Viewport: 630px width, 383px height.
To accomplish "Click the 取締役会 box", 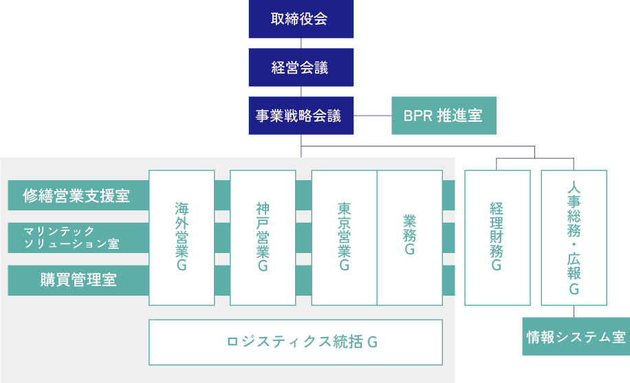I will pos(301,19).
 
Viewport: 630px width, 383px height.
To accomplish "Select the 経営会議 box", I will pos(301,67).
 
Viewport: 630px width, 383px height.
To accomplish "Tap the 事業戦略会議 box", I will pos(301,116).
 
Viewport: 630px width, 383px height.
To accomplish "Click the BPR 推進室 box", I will pos(443,116).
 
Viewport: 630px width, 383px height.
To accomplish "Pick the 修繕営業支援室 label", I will pos(78,195).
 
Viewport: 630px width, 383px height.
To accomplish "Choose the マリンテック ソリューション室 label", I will pos(78,237).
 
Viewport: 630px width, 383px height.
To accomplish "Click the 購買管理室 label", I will pos(78,280).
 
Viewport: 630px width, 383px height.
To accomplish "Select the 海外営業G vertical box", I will pos(182,237).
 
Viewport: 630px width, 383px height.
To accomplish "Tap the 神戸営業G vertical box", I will pos(263,237).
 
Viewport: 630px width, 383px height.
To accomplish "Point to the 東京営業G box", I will pos(344,237).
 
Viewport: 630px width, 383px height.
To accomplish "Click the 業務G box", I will pos(410,237).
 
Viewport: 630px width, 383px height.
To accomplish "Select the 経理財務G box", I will pos(497,237).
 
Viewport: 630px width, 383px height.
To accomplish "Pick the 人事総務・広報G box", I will pos(574,237).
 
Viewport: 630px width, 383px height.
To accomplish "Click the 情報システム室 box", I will pos(576,336).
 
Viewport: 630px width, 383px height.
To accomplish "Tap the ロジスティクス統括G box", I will pos(296,342).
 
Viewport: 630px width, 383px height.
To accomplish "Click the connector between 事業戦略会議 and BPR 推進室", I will pos(373,116).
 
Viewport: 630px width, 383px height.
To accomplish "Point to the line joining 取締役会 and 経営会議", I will pos(301,43).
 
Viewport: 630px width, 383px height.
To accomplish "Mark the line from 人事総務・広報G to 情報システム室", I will pos(574,311).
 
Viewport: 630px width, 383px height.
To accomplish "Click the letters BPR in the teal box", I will pos(417,116).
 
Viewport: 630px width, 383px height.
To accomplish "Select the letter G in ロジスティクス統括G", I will pos(372,342).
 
